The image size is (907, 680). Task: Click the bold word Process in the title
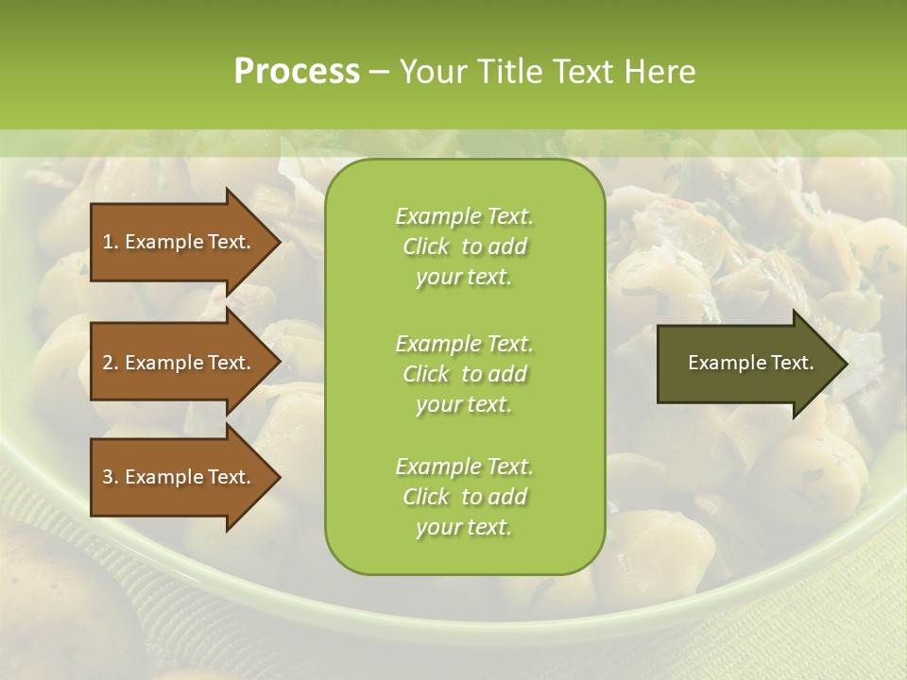click(297, 72)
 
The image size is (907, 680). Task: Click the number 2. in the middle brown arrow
click(111, 363)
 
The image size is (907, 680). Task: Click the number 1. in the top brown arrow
click(110, 242)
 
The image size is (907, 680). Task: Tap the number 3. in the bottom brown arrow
click(111, 477)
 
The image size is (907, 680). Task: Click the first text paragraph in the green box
click(464, 246)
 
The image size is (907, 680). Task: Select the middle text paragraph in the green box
click(464, 374)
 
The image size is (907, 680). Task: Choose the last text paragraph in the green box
click(464, 497)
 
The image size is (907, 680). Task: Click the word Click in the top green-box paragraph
click(426, 246)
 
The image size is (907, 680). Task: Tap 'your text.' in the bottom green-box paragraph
click(464, 527)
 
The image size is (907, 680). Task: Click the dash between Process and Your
click(379, 72)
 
